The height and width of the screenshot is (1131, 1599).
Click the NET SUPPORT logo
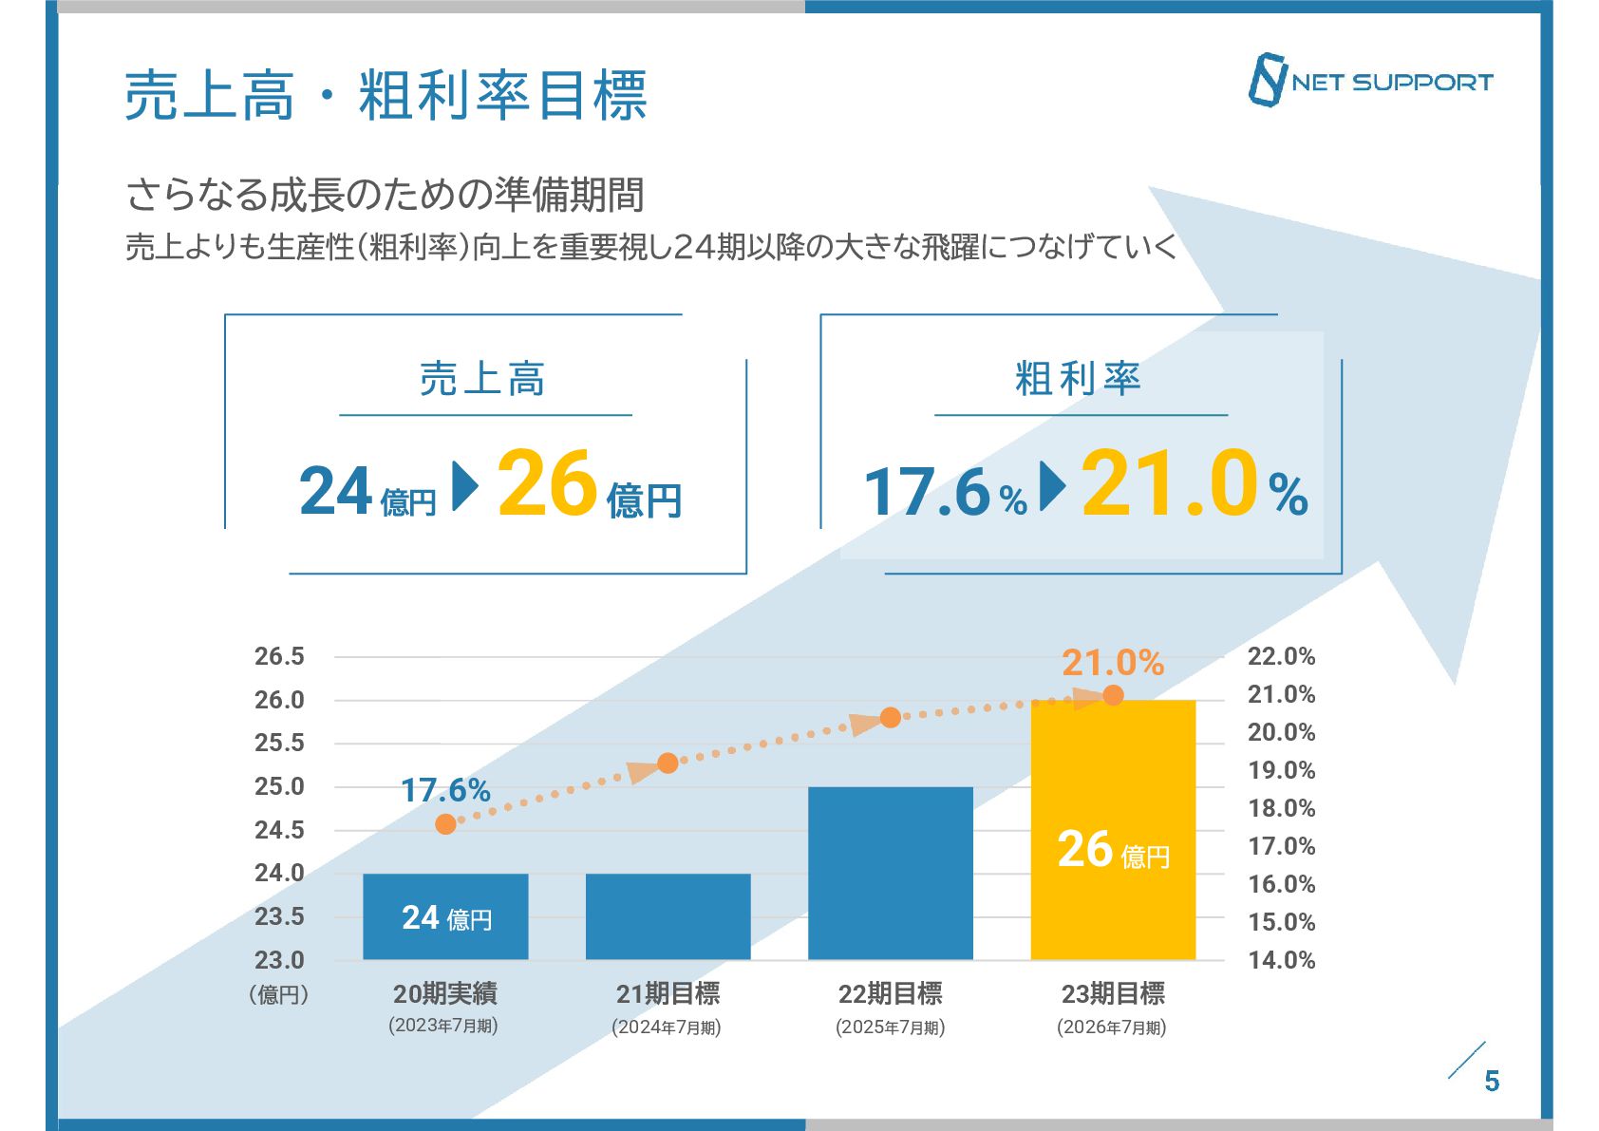coord(1370,81)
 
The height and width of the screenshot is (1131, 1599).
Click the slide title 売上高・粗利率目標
coord(386,96)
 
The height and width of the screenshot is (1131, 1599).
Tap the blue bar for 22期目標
coord(890,873)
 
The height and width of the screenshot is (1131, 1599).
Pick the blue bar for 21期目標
coord(668,915)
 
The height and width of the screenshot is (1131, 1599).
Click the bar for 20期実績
coord(445,915)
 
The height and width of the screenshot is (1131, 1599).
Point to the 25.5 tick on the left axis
coord(279,743)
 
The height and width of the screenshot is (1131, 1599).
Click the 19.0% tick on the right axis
coord(1281,770)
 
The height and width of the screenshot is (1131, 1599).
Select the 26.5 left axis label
coord(279,656)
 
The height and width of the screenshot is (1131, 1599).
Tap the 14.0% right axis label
coord(1281,960)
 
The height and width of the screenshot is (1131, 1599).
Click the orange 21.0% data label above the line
coord(1113,663)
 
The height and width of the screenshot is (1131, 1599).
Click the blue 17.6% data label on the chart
coord(445,790)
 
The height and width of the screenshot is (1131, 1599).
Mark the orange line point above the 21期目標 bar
coord(668,763)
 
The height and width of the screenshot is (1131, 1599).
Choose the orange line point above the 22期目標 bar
coord(890,718)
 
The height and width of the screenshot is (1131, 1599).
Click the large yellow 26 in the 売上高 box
coord(547,484)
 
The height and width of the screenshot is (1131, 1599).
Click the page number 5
coord(1492,1081)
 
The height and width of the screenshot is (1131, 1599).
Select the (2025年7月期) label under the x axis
coord(890,1027)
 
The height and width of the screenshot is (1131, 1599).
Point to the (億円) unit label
coord(279,994)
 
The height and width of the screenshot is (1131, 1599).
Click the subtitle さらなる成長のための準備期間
coord(386,196)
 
